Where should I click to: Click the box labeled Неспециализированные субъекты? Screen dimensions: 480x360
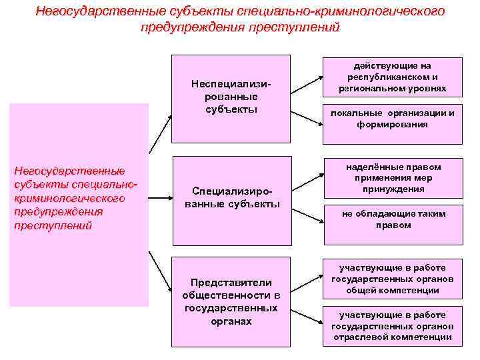click(x=231, y=98)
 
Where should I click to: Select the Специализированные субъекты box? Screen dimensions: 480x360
click(x=231, y=198)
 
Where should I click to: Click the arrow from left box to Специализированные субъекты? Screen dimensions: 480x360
click(x=160, y=198)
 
